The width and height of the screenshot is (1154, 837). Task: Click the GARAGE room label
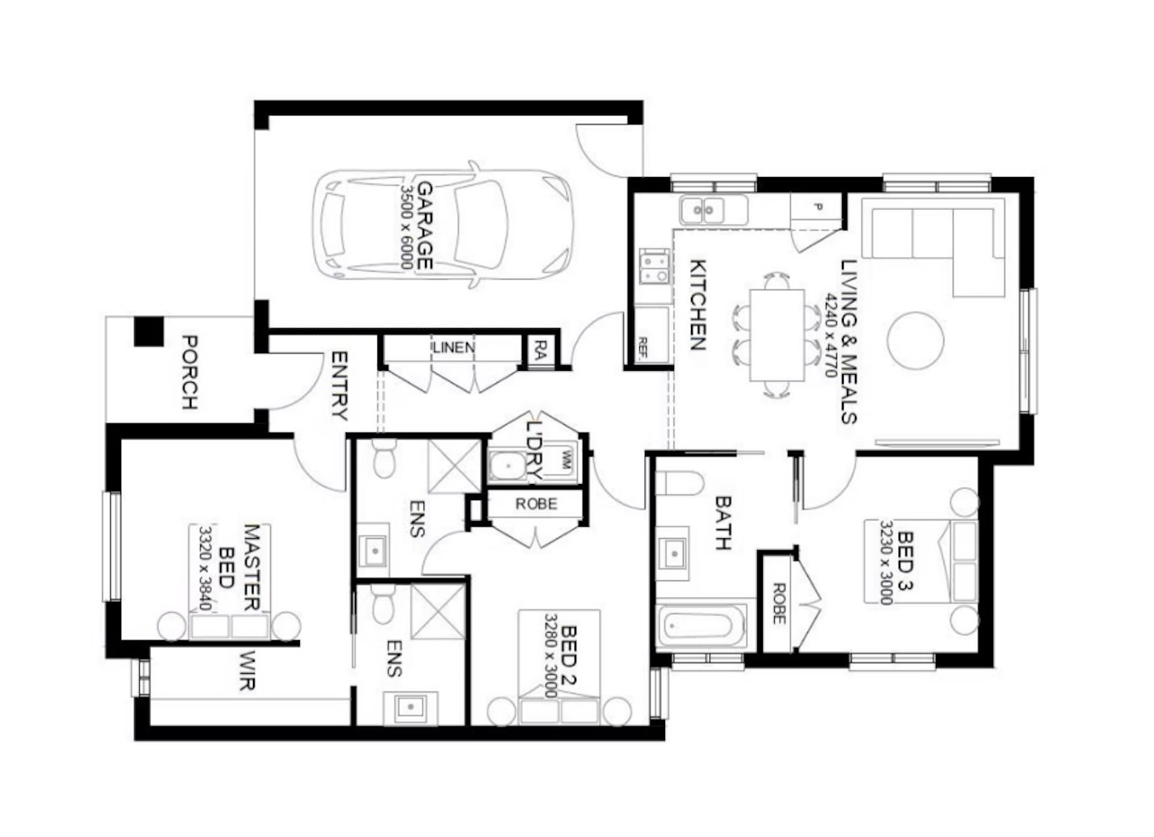coord(424,225)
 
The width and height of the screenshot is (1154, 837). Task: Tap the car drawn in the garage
coord(444,225)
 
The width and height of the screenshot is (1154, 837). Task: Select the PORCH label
coord(189,371)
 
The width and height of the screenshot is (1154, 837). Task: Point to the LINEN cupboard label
coord(453,348)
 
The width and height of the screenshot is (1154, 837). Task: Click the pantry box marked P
coord(815,208)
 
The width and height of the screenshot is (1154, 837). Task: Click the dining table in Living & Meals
coord(777,334)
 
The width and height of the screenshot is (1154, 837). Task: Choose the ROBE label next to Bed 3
coord(778,604)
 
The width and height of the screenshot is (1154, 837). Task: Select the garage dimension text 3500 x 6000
coord(406,226)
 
